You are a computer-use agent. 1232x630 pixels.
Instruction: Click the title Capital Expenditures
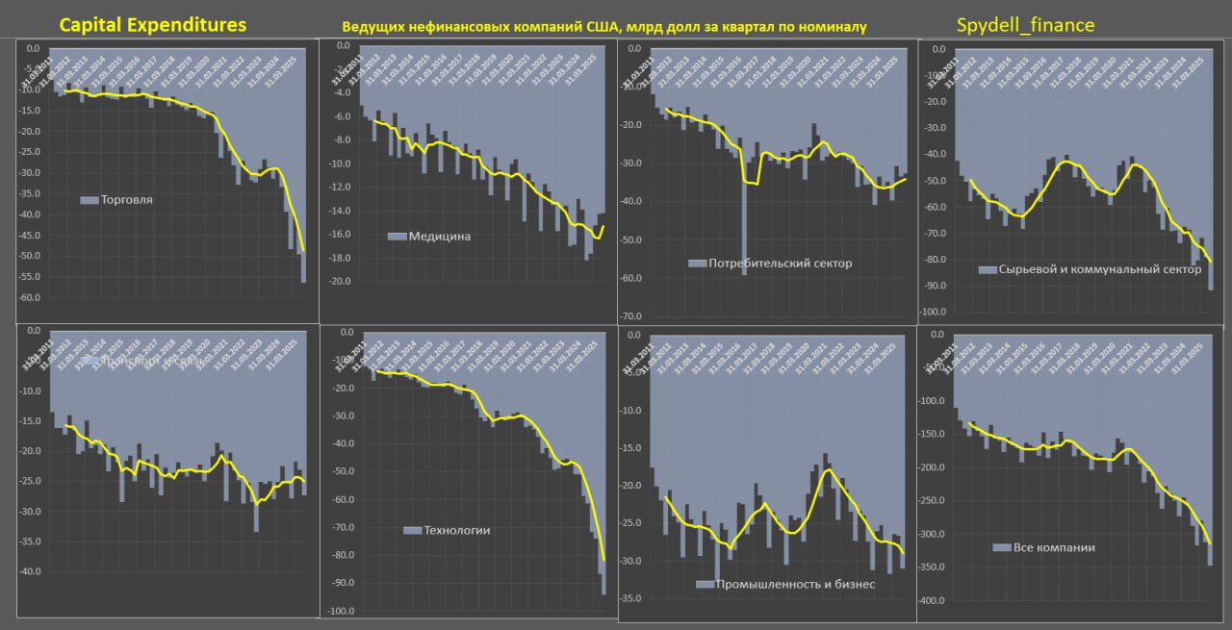pyautogui.click(x=153, y=25)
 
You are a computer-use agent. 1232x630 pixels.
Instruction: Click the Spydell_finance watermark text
pyautogui.click(x=1025, y=25)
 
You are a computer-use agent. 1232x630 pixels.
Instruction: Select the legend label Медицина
pyautogui.click(x=439, y=236)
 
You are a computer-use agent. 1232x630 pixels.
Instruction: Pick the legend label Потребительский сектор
pyautogui.click(x=780, y=263)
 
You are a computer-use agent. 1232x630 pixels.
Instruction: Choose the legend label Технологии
pyautogui.click(x=457, y=530)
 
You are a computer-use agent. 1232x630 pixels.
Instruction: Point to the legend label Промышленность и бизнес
pyautogui.click(x=794, y=584)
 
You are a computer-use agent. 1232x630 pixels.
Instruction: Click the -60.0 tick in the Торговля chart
pyautogui.click(x=33, y=297)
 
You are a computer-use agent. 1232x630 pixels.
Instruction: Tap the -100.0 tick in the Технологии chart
pyautogui.click(x=343, y=612)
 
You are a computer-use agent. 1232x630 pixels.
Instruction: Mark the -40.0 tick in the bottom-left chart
pyautogui.click(x=33, y=572)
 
